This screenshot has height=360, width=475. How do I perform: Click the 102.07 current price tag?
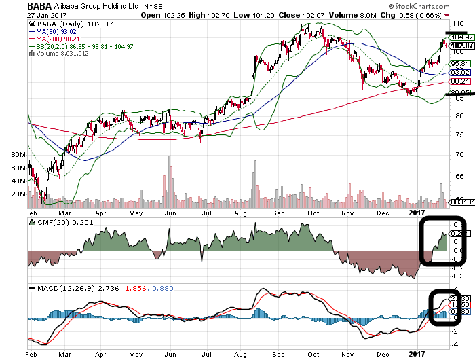click(x=461, y=46)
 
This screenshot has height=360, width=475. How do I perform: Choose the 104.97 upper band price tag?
click(x=461, y=37)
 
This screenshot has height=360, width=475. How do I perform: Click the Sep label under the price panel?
click(x=278, y=212)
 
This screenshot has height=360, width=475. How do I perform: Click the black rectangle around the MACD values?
click(x=446, y=308)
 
